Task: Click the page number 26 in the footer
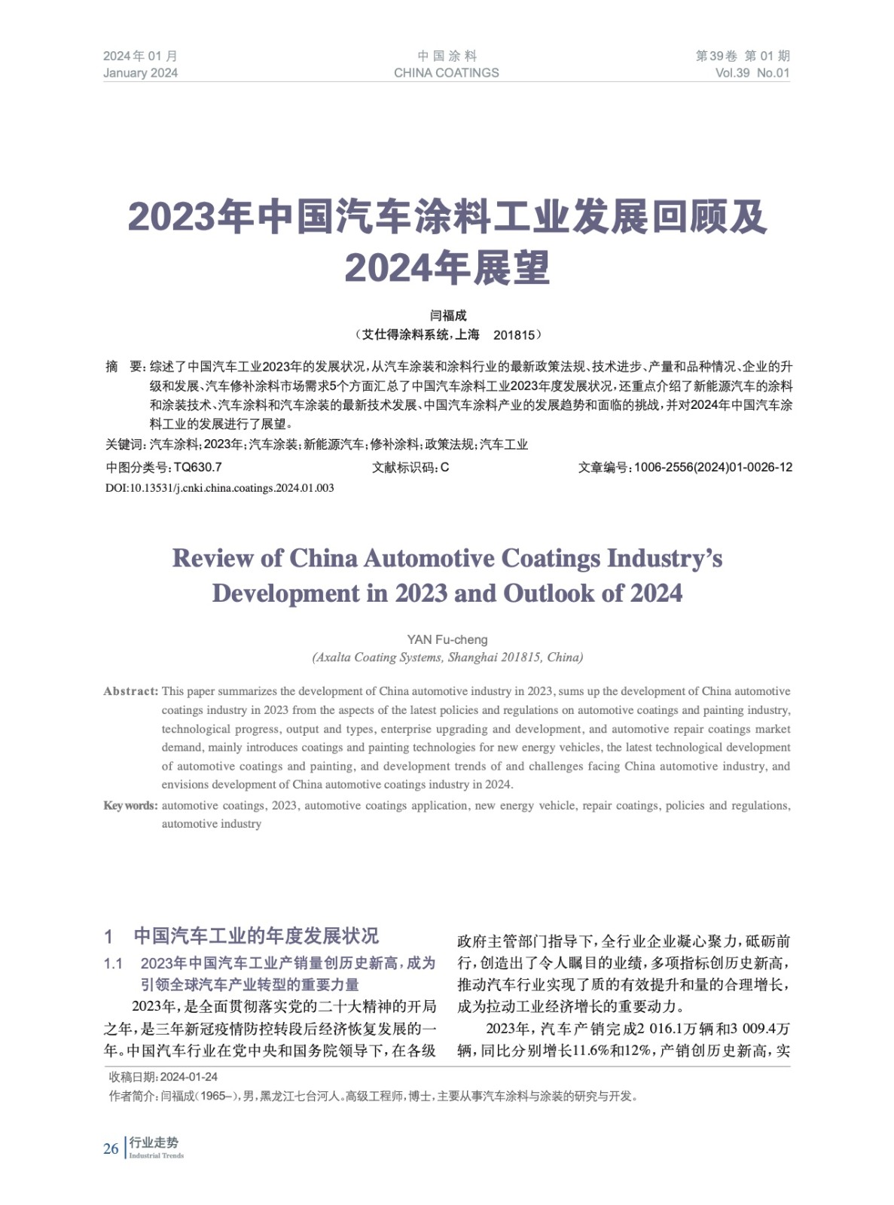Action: click(x=111, y=1149)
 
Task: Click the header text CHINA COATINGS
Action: click(x=446, y=73)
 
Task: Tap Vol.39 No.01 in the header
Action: click(x=752, y=73)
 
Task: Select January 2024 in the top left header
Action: click(x=140, y=73)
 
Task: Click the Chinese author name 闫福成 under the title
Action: click(x=447, y=316)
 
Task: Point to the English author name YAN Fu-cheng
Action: click(x=447, y=639)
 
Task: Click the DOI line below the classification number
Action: click(x=219, y=488)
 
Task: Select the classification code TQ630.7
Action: click(x=197, y=467)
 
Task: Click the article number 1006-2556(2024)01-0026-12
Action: click(x=712, y=467)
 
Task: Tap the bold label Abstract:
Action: click(x=131, y=691)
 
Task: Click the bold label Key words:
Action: click(x=130, y=805)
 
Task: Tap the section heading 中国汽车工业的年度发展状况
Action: click(x=256, y=936)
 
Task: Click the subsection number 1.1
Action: click(x=113, y=963)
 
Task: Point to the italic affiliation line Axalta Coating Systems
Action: click(x=447, y=657)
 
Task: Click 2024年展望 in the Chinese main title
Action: click(x=447, y=267)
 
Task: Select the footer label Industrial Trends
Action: click(x=156, y=1155)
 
